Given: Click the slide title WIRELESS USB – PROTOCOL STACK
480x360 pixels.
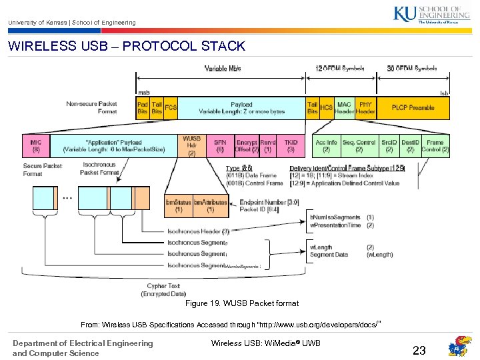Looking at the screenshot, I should coord(127,47).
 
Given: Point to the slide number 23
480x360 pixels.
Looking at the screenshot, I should coord(419,350).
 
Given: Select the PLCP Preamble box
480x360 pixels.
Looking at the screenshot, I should coord(413,108).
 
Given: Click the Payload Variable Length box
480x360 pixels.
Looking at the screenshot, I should coord(241,108).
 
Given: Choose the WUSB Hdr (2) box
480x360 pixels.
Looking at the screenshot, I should coord(191,146).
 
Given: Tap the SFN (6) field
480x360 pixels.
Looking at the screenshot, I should coord(219,146).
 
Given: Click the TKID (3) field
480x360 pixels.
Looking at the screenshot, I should coord(291,146).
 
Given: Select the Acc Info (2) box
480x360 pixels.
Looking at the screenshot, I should coord(326,146).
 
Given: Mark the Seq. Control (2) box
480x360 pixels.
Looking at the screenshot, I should coord(359,146).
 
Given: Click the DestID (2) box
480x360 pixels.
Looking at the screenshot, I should coord(411,146).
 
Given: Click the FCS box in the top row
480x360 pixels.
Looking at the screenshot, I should coord(171,108).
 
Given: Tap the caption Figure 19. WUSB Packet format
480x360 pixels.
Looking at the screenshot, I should coord(241,303).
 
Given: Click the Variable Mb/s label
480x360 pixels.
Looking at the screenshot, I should coord(223,68).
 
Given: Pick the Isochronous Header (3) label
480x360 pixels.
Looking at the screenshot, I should coord(198,231).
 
